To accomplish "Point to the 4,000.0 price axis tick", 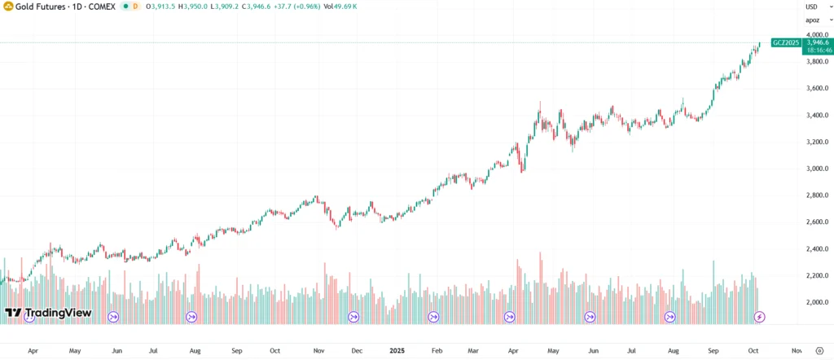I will (815, 35).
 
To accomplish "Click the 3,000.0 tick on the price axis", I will (815, 169).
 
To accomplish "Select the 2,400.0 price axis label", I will (815, 249).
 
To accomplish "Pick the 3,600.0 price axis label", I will (815, 89).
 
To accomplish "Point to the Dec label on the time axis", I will (356, 351).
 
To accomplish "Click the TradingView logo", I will (47, 314).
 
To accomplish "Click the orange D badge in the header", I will (135, 7).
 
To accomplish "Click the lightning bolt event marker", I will (759, 316).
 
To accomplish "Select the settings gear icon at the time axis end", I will (819, 351).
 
